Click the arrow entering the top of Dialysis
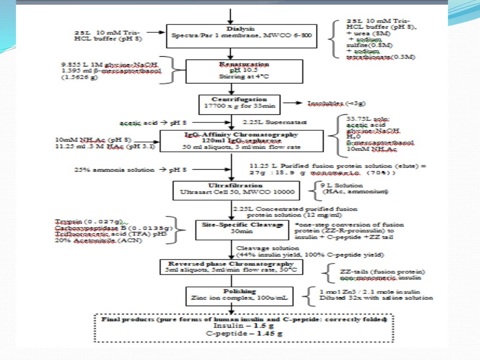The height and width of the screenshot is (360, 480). click(230, 16)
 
